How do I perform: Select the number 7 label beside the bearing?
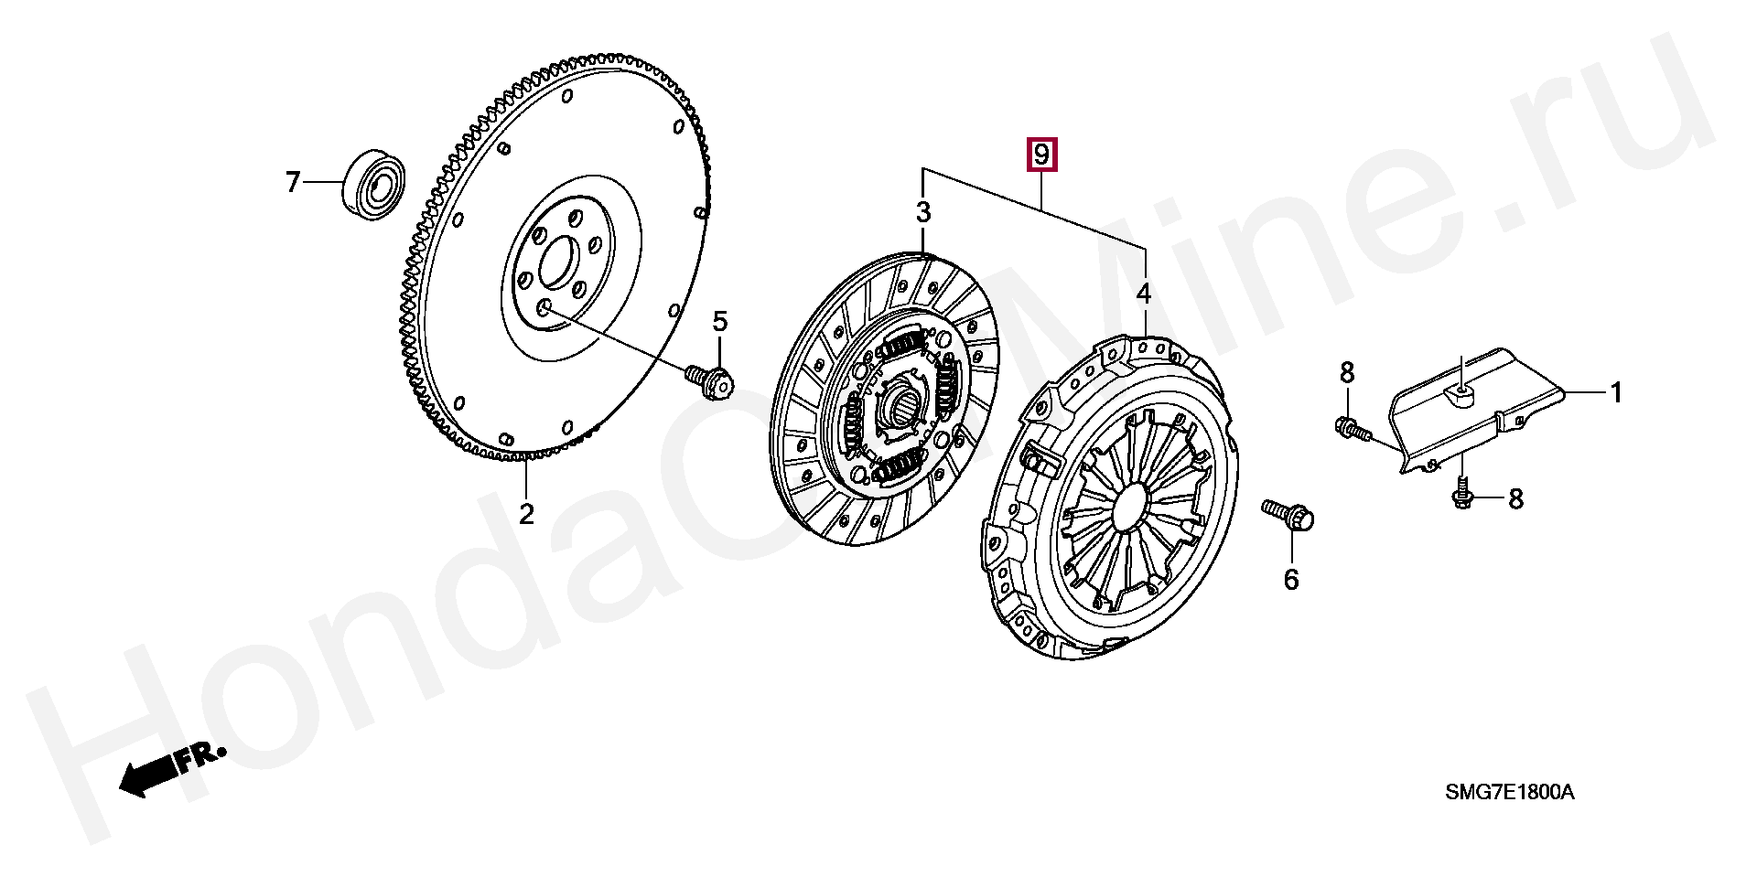[x=293, y=183]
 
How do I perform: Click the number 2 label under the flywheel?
[x=526, y=514]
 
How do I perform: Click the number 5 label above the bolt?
[x=720, y=321]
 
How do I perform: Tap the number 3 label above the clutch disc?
[x=923, y=213]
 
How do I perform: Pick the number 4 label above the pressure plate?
[x=1144, y=294]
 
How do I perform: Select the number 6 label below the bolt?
[x=1291, y=579]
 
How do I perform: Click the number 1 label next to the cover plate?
[x=1616, y=392]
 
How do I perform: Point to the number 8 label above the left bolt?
[x=1347, y=372]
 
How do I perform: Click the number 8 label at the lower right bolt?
[x=1515, y=498]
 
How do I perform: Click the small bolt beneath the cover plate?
[x=1462, y=492]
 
